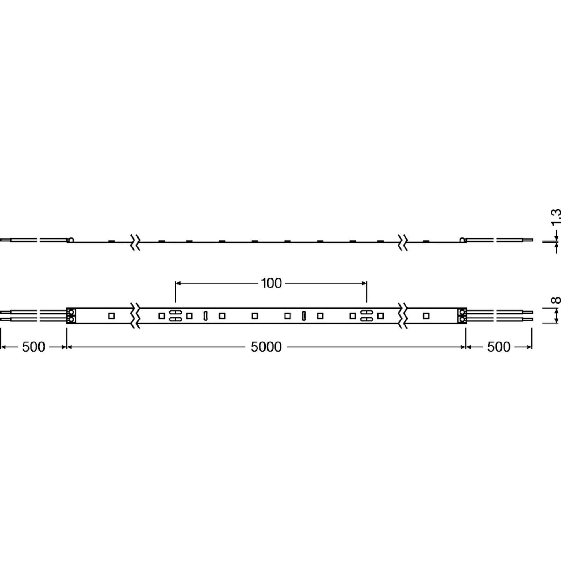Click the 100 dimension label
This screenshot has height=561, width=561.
pos(271,283)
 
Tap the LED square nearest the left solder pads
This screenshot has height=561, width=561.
pos(111,316)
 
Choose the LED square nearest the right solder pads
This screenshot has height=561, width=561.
pos(426,316)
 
